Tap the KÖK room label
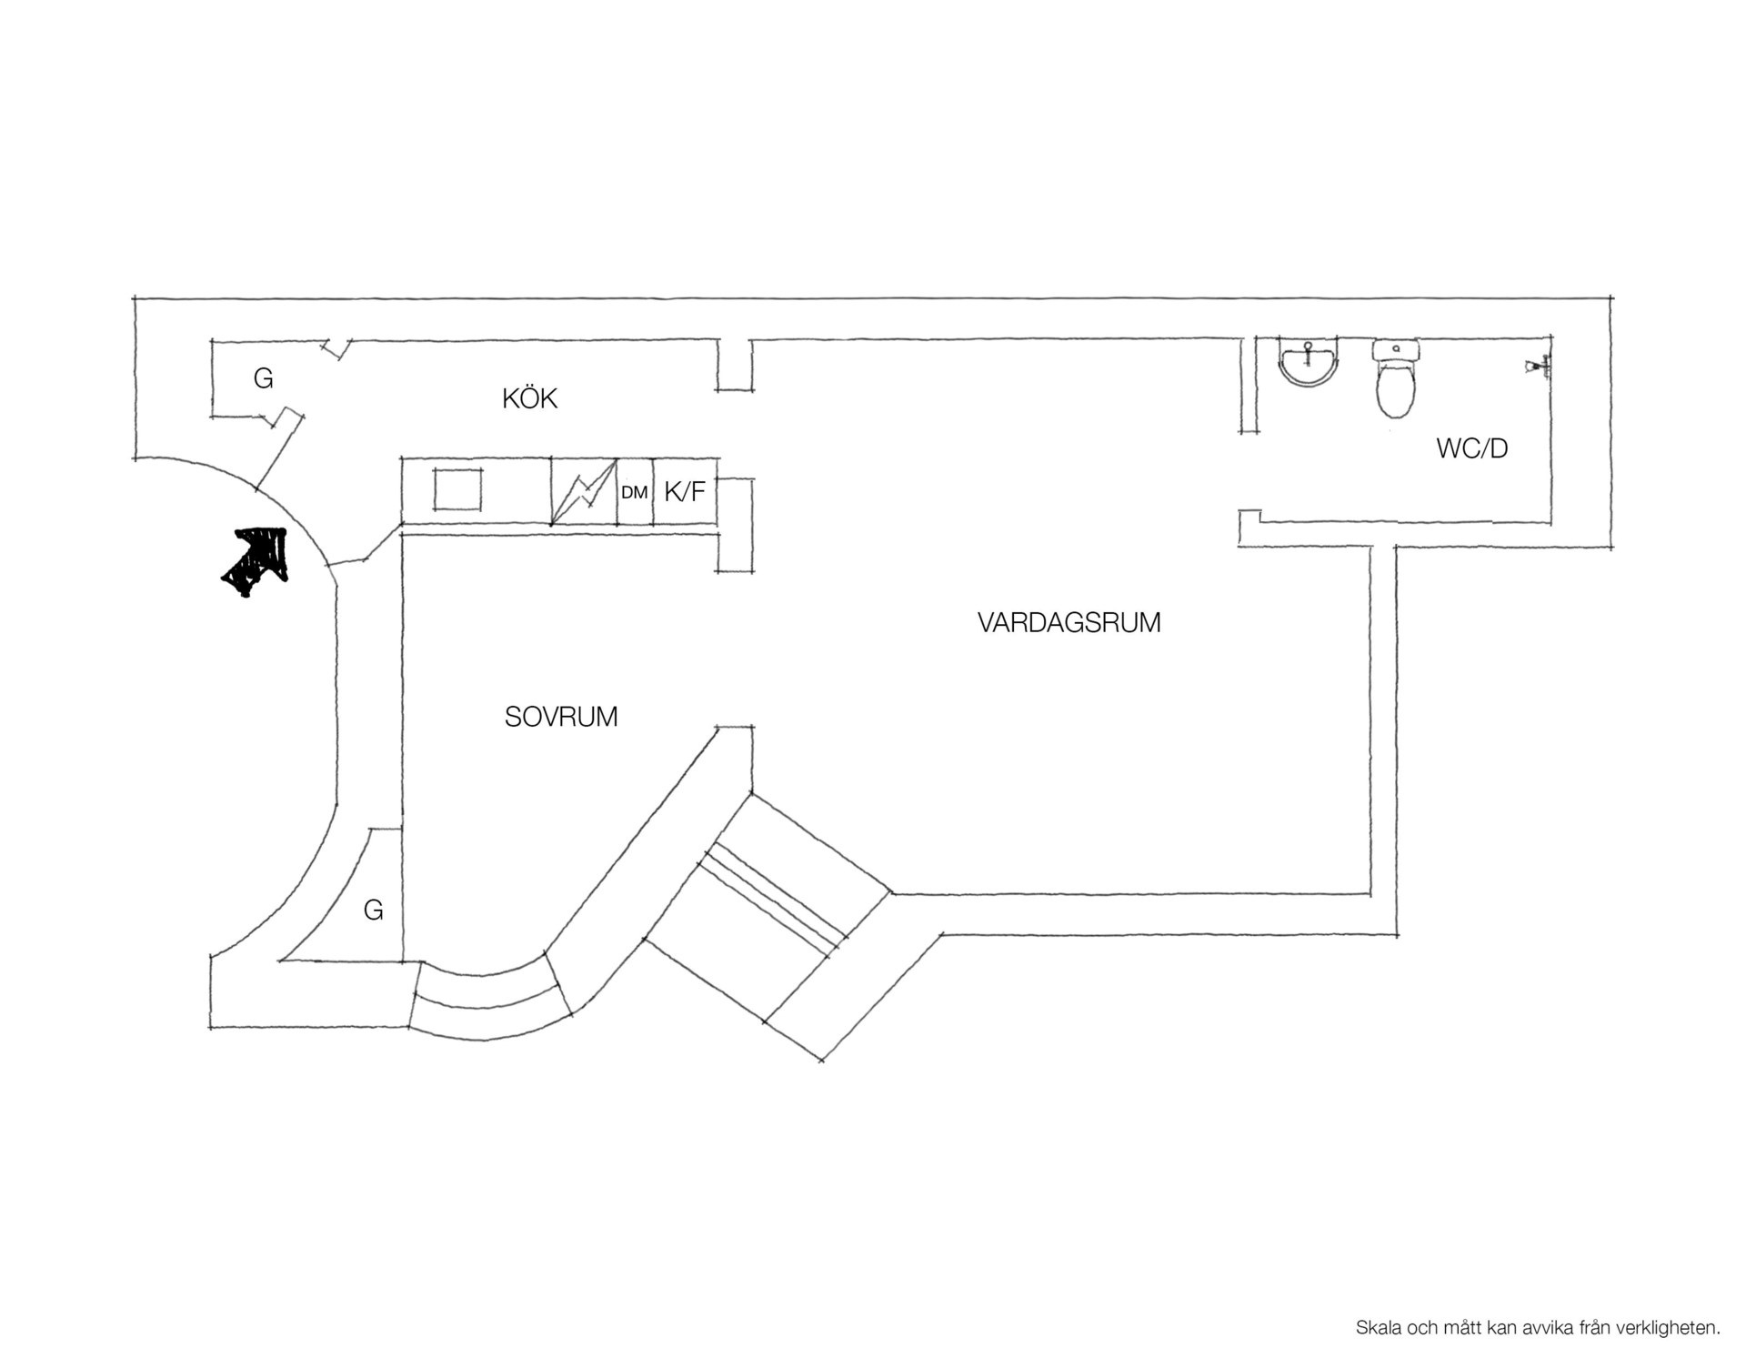coord(529,397)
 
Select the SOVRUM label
coord(561,717)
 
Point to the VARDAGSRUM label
coord(1069,623)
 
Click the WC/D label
coord(1472,448)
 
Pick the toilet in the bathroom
coord(1395,378)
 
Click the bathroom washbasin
coord(1309,363)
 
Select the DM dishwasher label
coord(635,493)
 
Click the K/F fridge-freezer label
coord(685,492)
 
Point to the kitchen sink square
coord(457,489)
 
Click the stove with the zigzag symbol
coord(584,491)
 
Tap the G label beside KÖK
coord(264,377)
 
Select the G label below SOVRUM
coord(373,910)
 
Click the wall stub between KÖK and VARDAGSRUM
coord(735,365)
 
